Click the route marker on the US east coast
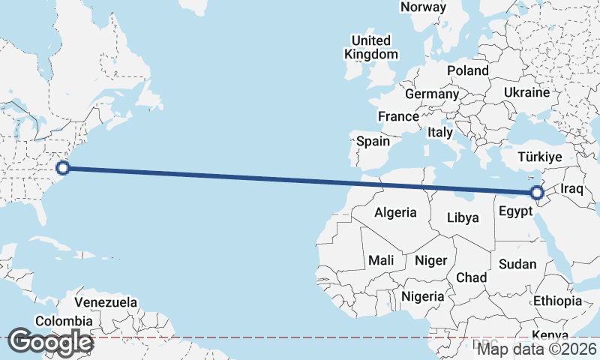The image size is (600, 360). coord(63,168)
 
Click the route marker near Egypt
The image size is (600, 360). coord(537,193)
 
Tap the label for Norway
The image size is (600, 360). coord(423,7)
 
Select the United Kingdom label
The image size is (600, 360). coord(371,47)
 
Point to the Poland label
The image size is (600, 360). coord(467,70)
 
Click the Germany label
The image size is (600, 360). coord(431,94)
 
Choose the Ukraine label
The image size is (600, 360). coord(526,92)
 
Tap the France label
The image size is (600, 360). coord(398,117)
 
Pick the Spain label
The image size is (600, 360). coord(373,141)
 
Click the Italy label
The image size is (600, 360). coord(440,132)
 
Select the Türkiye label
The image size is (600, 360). coord(541,157)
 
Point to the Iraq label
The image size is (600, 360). coord(571,187)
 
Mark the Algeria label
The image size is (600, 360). coord(395,212)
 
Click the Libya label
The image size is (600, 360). coord(462,218)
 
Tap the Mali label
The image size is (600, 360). coord(381,260)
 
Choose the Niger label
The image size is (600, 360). coord(430,260)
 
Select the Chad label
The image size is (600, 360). coord(471,277)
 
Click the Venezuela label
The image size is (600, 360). coord(106,302)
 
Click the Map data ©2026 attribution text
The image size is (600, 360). coord(538,349)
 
